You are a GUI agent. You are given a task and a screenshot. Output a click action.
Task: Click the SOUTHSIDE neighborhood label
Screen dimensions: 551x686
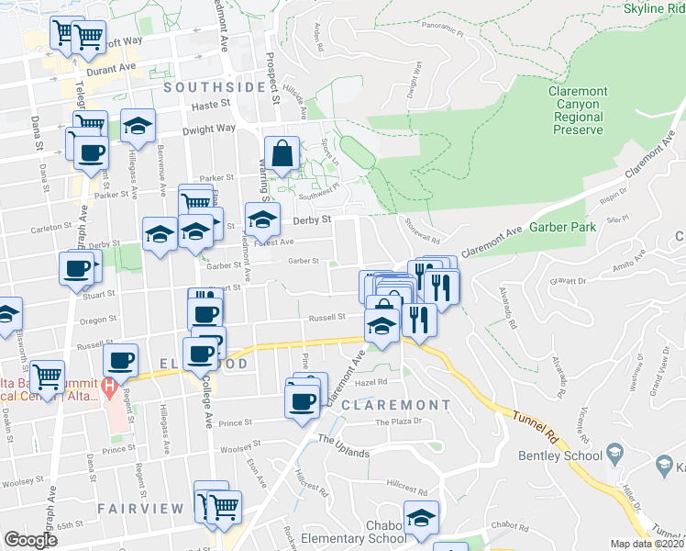pyautogui.click(x=214, y=87)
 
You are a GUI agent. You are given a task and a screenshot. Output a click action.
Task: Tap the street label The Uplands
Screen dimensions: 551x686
pyautogui.click(x=344, y=440)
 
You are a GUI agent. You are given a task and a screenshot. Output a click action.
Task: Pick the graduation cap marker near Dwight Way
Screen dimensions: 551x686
pyautogui.click(x=138, y=127)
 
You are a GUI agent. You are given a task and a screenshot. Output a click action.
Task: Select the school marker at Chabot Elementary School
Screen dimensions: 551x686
pyautogui.click(x=421, y=517)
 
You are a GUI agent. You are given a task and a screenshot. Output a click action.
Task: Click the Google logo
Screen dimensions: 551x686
pyautogui.click(x=30, y=541)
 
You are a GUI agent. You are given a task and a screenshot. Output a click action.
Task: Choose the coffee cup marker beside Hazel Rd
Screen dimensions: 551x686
pyautogui.click(x=303, y=401)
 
